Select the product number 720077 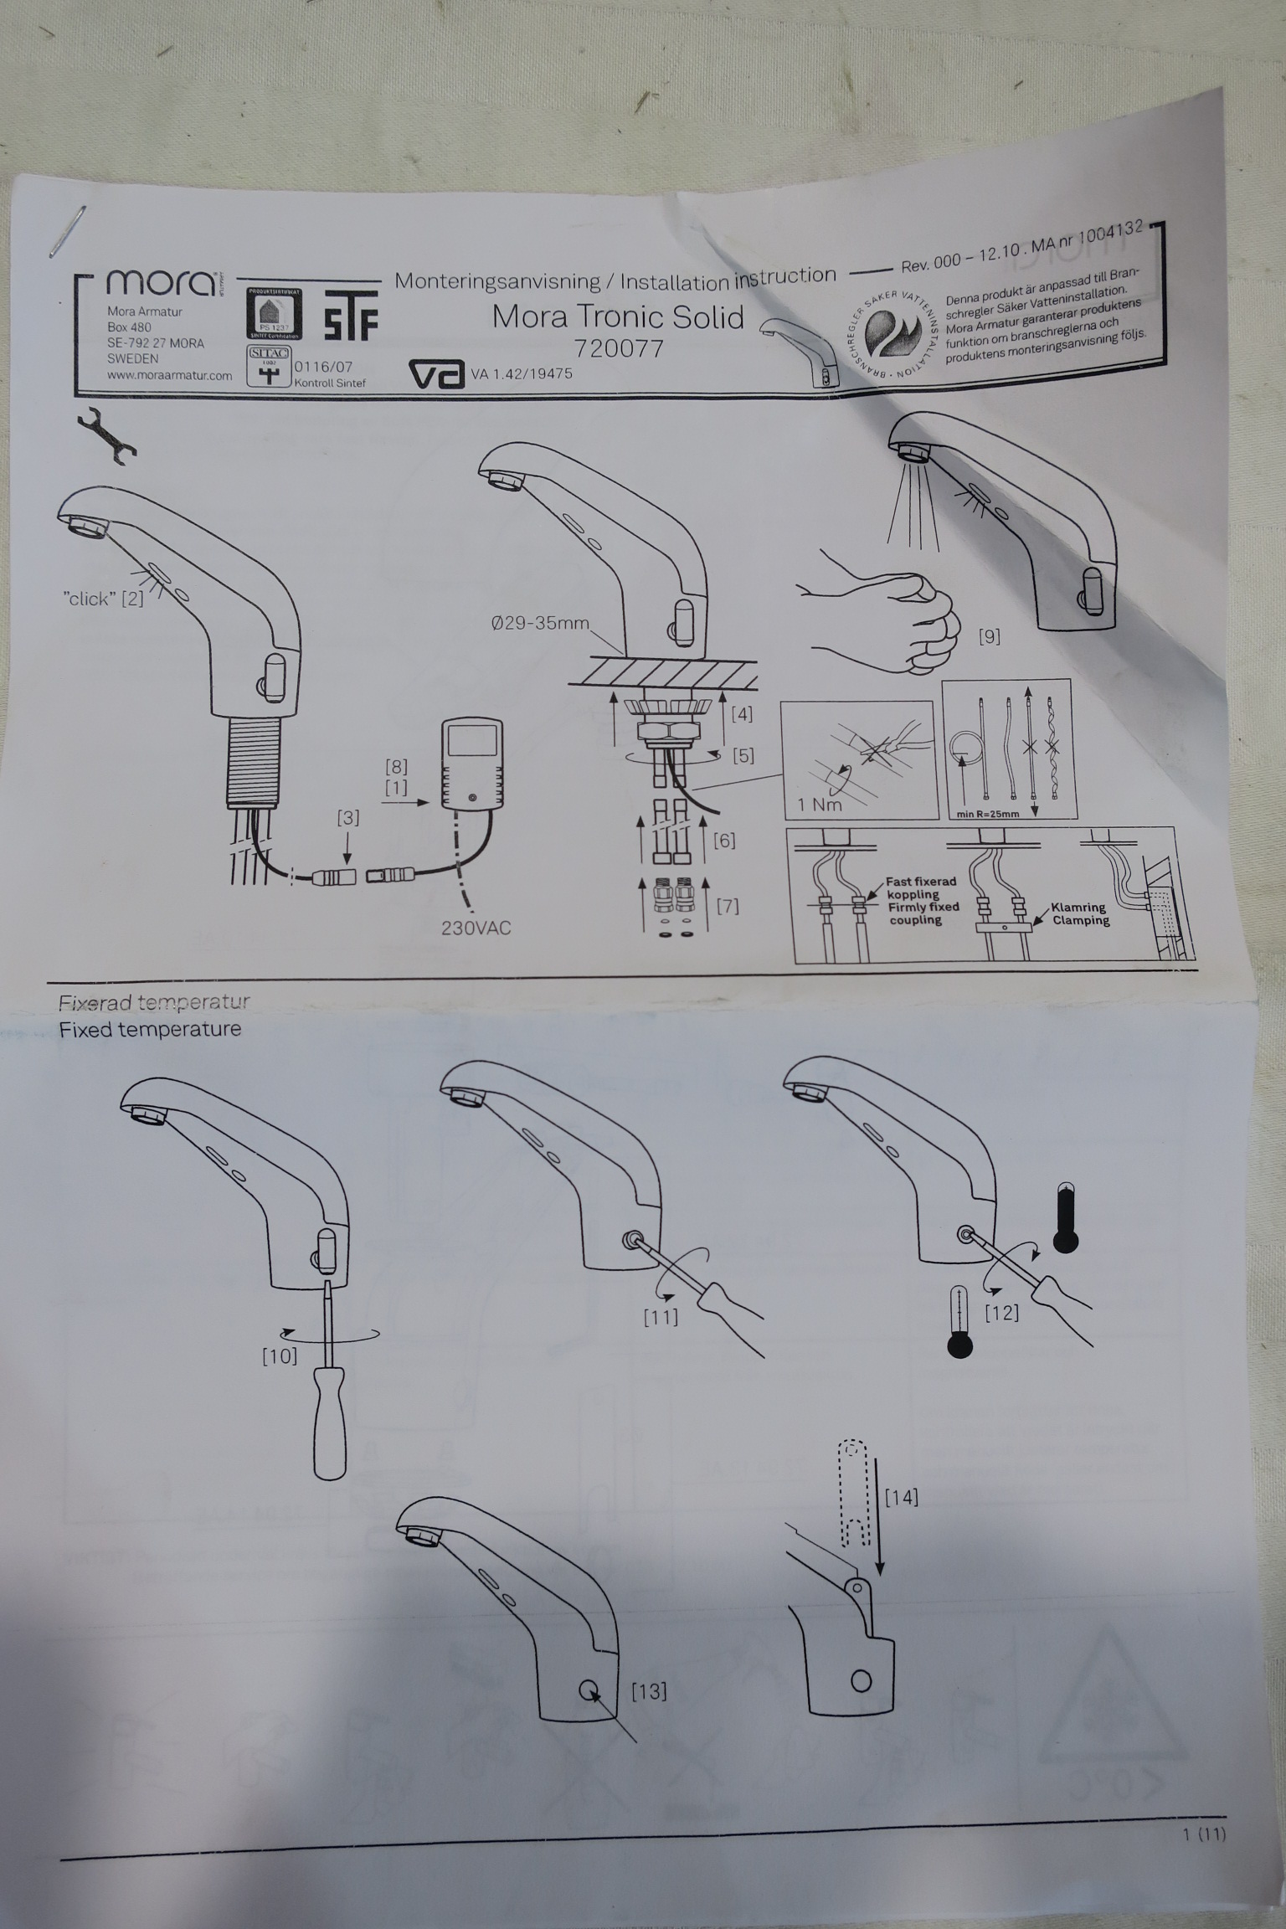(619, 347)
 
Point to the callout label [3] (348, 817)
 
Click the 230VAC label (476, 928)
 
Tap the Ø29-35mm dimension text (540, 624)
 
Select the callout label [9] (989, 636)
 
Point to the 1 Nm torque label (819, 805)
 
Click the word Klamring (1079, 908)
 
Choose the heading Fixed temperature (150, 1029)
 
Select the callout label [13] (648, 1691)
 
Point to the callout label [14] (902, 1496)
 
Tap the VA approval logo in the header (436, 374)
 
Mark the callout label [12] (1001, 1313)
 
